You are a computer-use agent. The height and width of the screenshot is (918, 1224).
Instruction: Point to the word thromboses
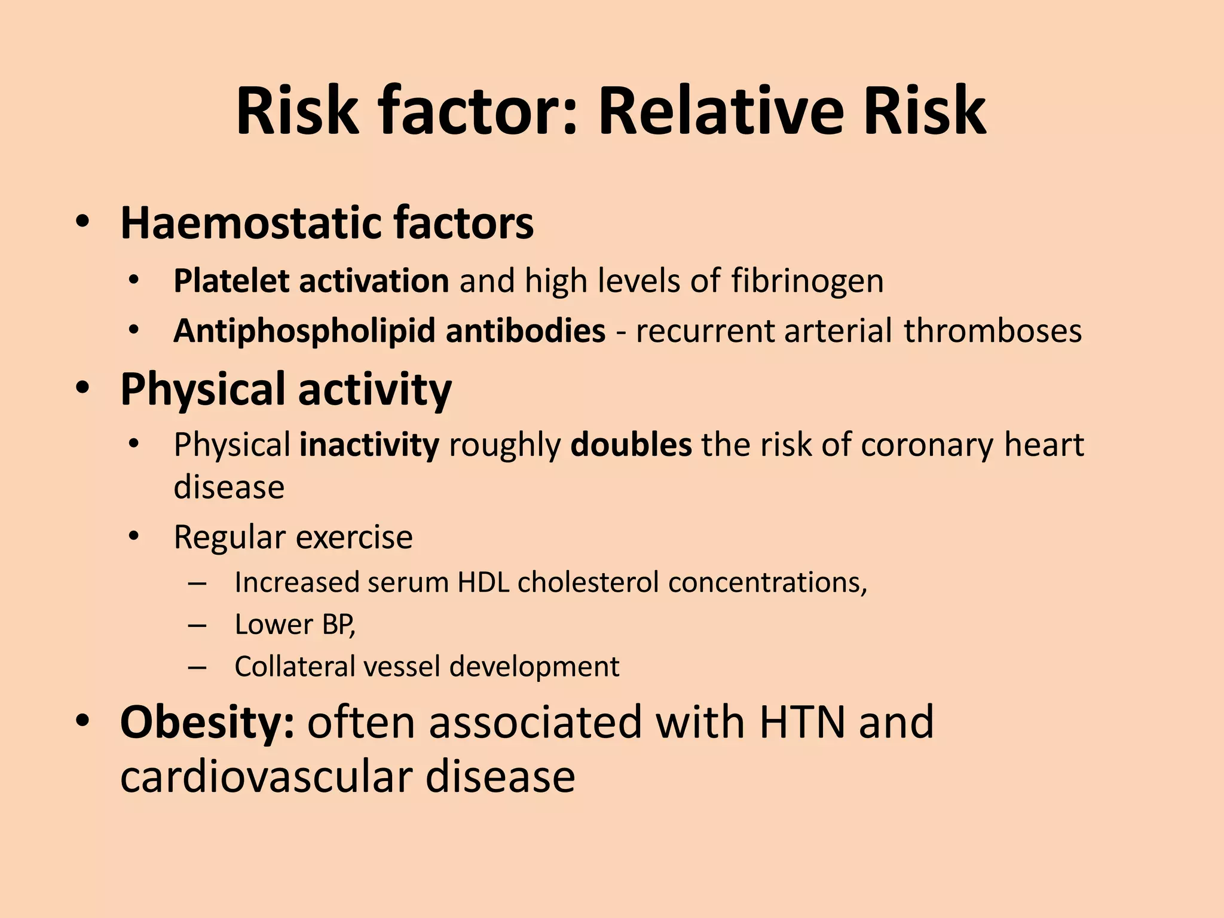click(x=992, y=331)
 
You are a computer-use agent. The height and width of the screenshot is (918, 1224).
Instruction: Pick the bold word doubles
click(x=631, y=445)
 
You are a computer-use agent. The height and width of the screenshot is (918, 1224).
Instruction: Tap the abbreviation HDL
click(x=483, y=582)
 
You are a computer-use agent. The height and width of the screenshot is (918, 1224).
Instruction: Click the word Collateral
click(x=295, y=666)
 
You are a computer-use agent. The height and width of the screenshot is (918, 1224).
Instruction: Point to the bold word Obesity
click(x=207, y=722)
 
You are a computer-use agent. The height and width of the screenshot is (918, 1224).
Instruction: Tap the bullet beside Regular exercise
click(x=133, y=536)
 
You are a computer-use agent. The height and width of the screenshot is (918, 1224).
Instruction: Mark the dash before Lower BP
click(x=197, y=625)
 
